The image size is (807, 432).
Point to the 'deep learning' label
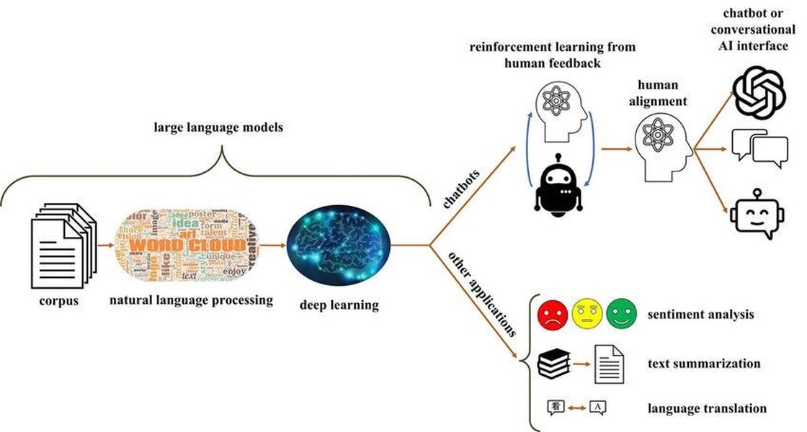[339, 305]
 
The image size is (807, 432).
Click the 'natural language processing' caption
[191, 300]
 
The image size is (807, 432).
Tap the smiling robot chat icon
[756, 215]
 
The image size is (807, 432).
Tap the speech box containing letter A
[597, 408]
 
